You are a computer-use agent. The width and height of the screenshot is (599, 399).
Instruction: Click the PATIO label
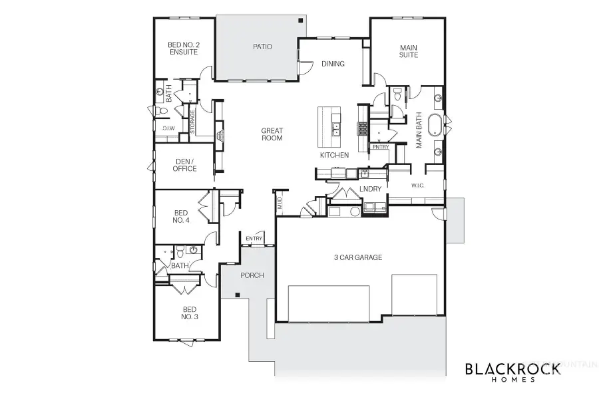pyautogui.click(x=262, y=47)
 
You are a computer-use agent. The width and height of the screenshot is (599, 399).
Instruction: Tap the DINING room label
pyautogui.click(x=333, y=65)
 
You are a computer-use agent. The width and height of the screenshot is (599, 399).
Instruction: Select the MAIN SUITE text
pyautogui.click(x=408, y=51)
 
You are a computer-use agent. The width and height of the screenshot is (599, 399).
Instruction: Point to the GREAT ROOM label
pyautogui.click(x=272, y=135)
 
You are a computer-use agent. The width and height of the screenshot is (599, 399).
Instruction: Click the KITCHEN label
pyautogui.click(x=334, y=155)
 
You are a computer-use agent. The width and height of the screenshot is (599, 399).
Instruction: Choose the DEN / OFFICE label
pyautogui.click(x=184, y=165)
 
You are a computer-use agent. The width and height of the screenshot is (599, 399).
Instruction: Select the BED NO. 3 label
pyautogui.click(x=190, y=313)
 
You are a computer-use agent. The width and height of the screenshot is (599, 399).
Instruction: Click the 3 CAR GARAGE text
pyautogui.click(x=357, y=257)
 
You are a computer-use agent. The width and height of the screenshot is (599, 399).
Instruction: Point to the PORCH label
pyautogui.click(x=252, y=275)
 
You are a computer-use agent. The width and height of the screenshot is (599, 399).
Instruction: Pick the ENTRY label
pyautogui.click(x=254, y=239)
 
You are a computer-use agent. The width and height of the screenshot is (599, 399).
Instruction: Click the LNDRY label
pyautogui.click(x=370, y=189)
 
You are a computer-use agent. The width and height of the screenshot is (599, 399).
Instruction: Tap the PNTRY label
pyautogui.click(x=381, y=147)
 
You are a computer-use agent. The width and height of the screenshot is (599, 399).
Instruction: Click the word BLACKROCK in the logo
pyautogui.click(x=513, y=370)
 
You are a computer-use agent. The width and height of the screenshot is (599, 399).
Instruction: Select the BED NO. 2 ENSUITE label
pyautogui.click(x=183, y=48)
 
